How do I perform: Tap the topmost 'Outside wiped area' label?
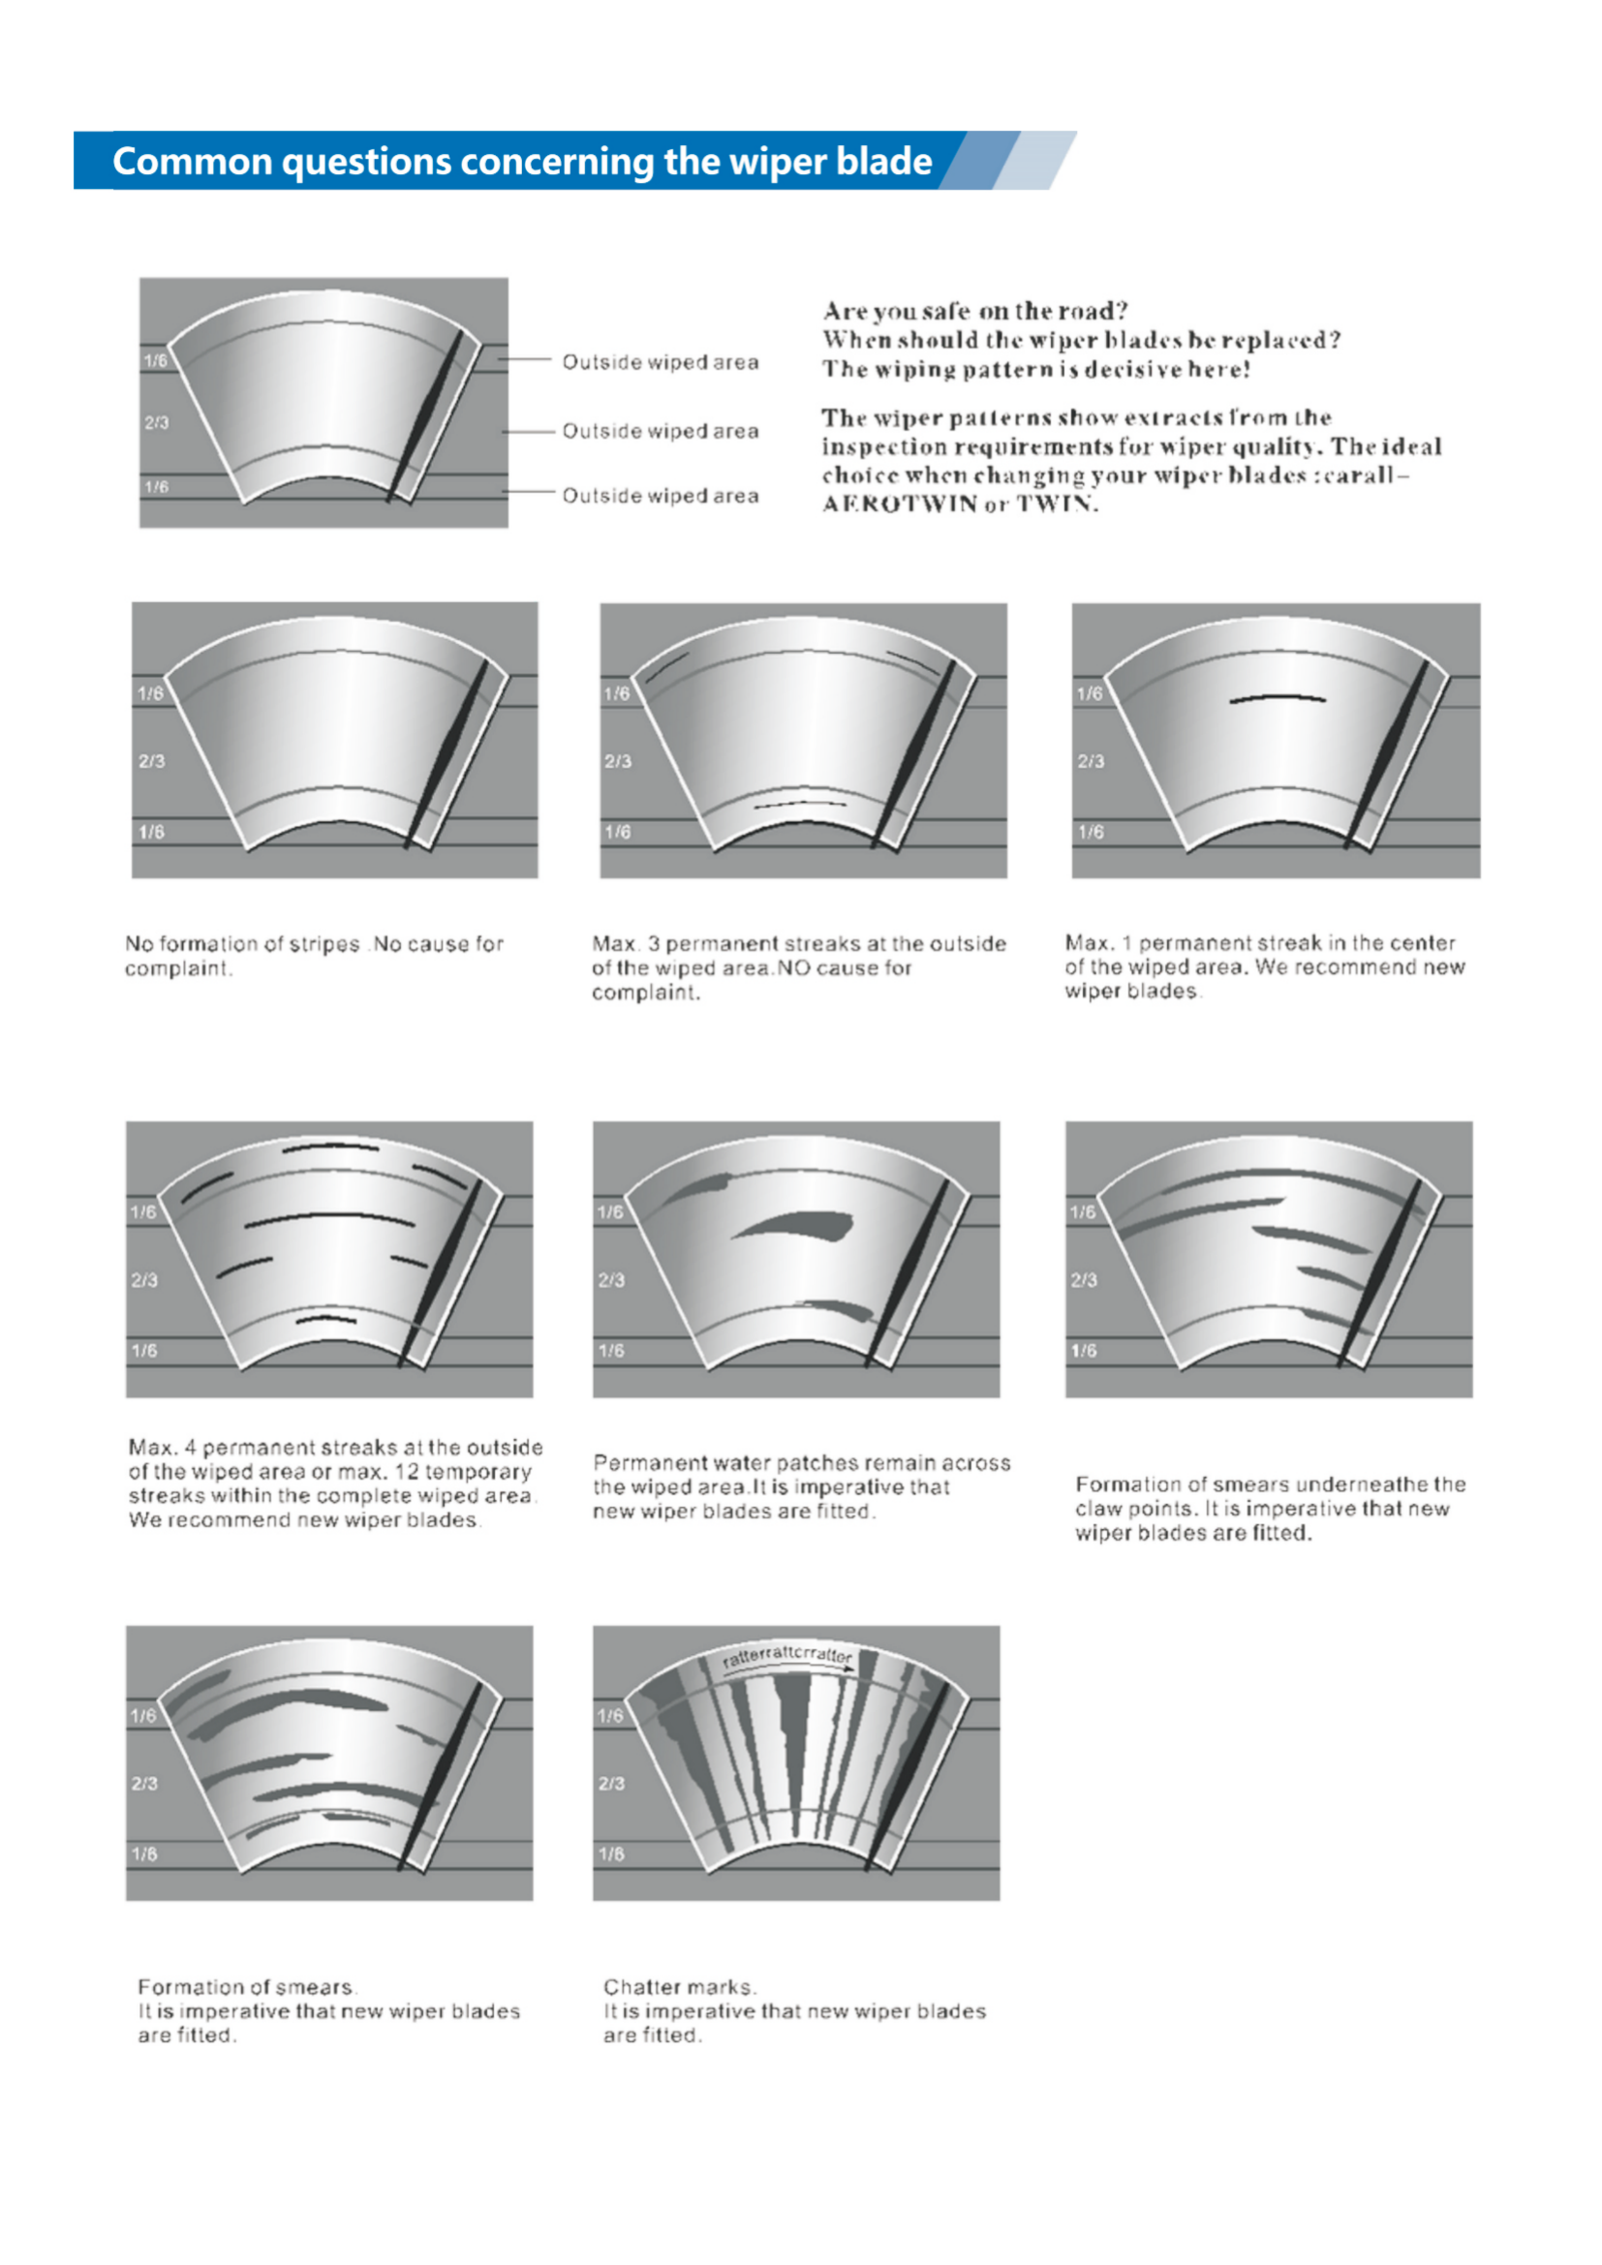[x=660, y=362]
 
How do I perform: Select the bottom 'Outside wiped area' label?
[x=660, y=495]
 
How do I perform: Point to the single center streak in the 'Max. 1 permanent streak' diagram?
[x=1278, y=698]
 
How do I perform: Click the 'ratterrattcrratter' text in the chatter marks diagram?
[x=786, y=1655]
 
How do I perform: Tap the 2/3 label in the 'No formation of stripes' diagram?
[x=152, y=760]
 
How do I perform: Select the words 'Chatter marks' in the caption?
[x=678, y=1987]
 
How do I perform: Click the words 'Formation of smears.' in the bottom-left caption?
[x=247, y=1987]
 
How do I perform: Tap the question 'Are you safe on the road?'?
[x=974, y=311]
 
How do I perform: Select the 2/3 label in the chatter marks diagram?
[x=611, y=1784]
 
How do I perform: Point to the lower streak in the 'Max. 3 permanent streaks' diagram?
[x=800, y=804]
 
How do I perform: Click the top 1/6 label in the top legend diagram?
[x=156, y=360]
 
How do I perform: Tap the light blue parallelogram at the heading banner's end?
[x=1034, y=160]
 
